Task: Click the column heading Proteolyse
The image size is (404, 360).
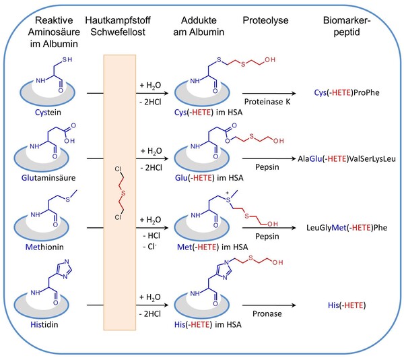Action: (265, 21)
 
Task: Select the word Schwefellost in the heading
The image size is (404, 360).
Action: (118, 32)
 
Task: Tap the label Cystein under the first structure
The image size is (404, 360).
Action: (48, 113)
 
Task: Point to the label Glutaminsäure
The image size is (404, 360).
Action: (48, 178)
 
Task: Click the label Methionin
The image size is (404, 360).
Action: (44, 247)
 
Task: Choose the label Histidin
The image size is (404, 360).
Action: (44, 324)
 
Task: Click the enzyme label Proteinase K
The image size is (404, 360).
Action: (267, 102)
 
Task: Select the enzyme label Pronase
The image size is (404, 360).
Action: (267, 314)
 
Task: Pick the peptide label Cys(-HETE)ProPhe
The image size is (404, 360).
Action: (347, 92)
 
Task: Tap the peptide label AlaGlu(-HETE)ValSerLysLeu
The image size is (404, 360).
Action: (347, 158)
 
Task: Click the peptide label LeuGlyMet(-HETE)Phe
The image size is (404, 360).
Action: (347, 228)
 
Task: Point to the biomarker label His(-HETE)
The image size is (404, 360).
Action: (347, 305)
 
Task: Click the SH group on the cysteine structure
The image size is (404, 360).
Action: (67, 59)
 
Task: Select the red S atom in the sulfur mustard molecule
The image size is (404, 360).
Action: (123, 193)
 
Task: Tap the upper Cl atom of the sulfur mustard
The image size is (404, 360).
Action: (118, 169)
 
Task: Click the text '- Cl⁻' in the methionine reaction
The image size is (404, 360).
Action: (149, 247)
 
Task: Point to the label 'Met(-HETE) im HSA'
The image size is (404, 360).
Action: (213, 247)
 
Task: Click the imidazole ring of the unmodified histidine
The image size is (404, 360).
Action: (65, 269)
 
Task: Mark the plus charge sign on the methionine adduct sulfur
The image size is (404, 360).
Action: (228, 193)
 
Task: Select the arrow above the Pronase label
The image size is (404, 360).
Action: (269, 305)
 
